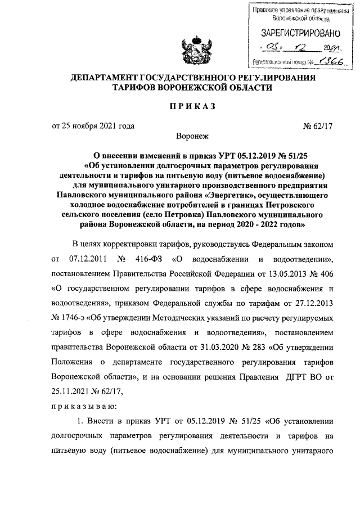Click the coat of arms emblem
tap(193, 50)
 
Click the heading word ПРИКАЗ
tap(193, 107)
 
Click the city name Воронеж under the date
tap(192, 136)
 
